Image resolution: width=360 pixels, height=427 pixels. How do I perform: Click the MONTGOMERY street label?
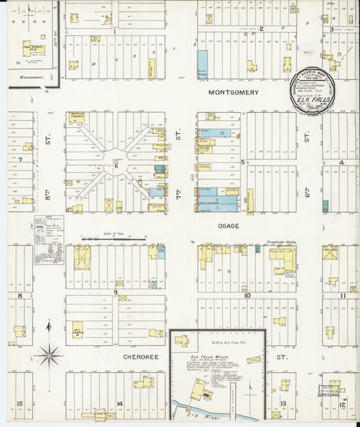(x=233, y=92)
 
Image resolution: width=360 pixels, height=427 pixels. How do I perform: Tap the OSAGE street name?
(x=228, y=226)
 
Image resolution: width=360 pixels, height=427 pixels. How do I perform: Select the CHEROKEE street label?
(x=140, y=354)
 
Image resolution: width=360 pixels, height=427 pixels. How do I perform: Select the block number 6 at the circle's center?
(x=116, y=165)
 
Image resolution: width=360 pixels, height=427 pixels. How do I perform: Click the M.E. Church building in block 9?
(x=77, y=327)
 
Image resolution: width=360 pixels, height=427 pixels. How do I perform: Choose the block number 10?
(x=247, y=295)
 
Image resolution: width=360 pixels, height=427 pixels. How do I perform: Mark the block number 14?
(x=119, y=403)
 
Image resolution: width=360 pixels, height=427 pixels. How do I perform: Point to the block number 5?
(x=242, y=162)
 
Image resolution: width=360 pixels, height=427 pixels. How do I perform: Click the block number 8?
(x=20, y=295)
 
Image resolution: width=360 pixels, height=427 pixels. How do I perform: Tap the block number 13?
(x=284, y=403)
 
